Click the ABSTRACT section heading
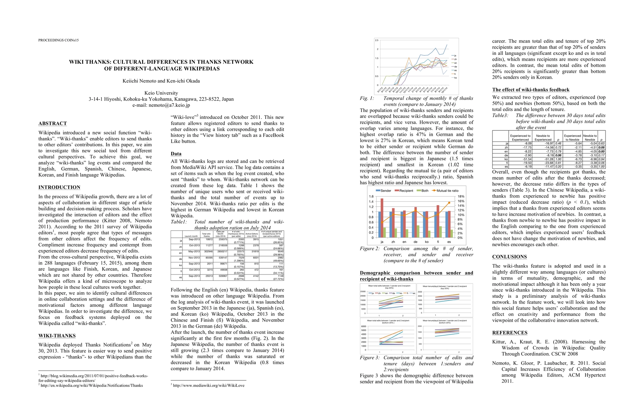click(x=52, y=123)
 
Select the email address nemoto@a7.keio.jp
click(x=169, y=105)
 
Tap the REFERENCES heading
click(x=509, y=332)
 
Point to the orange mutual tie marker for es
click(x=449, y=202)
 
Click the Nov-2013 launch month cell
click(x=194, y=258)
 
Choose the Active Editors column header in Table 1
click(x=252, y=235)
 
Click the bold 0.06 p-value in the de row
click(x=558, y=155)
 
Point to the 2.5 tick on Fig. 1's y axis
click(x=377, y=41)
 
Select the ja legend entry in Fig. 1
click(x=455, y=56)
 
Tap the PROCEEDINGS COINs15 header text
click(x=58, y=40)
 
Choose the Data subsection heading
click(x=176, y=154)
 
